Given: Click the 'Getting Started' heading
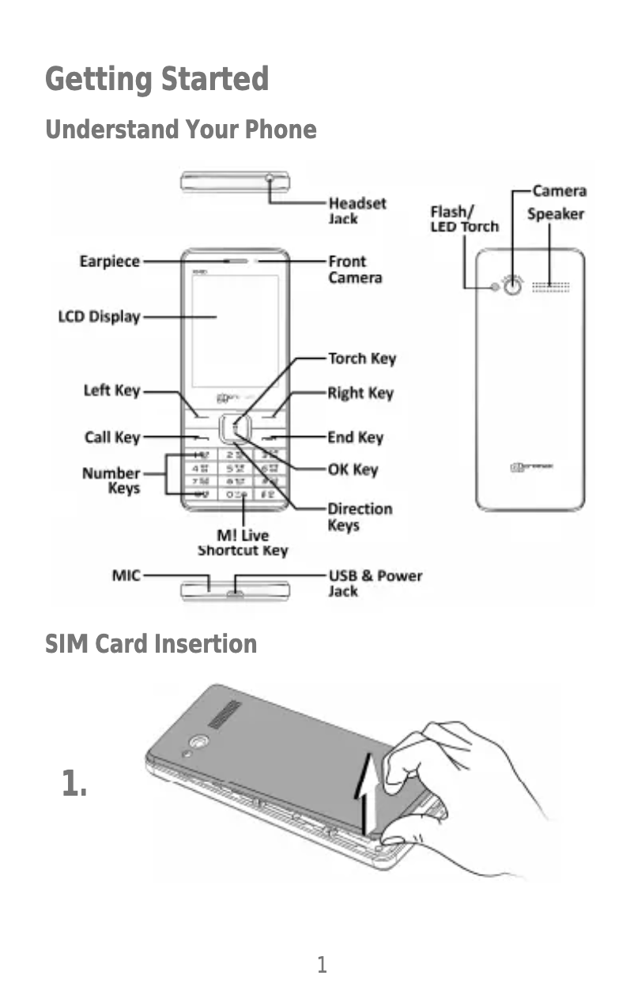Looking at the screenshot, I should (157, 80).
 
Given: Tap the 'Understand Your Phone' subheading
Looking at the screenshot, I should (180, 130).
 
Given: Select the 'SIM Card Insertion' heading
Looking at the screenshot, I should (150, 644).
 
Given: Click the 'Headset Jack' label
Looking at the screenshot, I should (357, 210).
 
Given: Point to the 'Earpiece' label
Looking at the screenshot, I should (110, 261).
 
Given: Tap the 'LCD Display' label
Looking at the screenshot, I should (99, 317).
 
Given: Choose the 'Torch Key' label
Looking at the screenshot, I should (361, 359).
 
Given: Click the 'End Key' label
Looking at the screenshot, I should (355, 437).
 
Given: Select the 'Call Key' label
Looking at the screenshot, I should (111, 437).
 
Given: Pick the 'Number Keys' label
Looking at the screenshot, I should (111, 480).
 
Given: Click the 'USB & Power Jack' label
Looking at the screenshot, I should (375, 583).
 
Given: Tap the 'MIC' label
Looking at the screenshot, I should (126, 575).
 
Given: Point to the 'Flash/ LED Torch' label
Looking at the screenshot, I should (464, 219).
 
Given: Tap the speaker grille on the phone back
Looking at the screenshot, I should (550, 286).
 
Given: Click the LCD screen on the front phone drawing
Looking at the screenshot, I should (235, 330).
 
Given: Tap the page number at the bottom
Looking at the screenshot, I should (322, 965).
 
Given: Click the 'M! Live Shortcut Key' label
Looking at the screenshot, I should (243, 543).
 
